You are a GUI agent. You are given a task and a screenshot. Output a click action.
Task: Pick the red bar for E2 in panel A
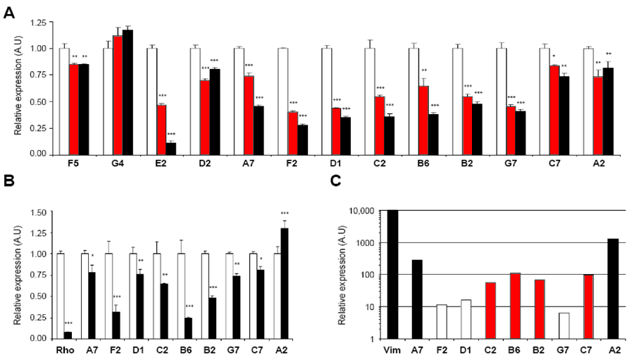click(x=161, y=130)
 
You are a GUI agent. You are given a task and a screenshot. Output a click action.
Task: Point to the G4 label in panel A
click(x=118, y=168)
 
